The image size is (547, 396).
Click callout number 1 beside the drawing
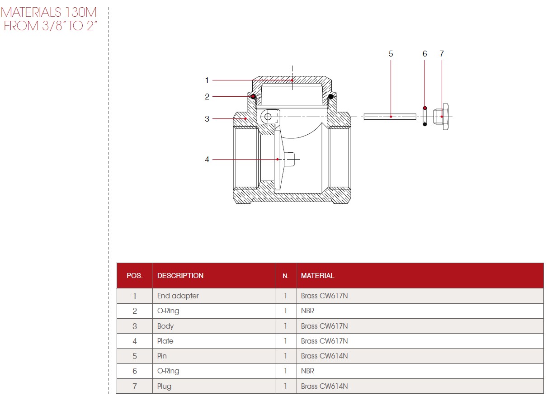point(207,80)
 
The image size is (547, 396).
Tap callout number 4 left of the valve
point(207,160)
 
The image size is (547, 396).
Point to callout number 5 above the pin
point(391,54)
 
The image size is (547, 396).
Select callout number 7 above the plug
point(442,54)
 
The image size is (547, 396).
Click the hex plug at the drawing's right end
point(442,117)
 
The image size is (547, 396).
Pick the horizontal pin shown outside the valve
point(390,117)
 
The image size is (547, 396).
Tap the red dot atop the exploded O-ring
point(425,108)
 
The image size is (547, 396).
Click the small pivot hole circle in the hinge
point(268,117)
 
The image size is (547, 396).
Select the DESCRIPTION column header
point(180,275)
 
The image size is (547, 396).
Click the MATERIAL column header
point(317,275)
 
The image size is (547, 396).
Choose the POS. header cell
point(134,275)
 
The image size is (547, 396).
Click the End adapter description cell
point(178,296)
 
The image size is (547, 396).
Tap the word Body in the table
point(165,326)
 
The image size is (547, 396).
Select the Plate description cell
point(165,341)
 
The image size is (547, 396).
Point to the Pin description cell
point(162,356)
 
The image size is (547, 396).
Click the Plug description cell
point(164,387)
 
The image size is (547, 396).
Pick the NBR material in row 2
point(307,311)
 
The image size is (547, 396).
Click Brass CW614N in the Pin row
point(324,356)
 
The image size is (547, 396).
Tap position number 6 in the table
point(135,371)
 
